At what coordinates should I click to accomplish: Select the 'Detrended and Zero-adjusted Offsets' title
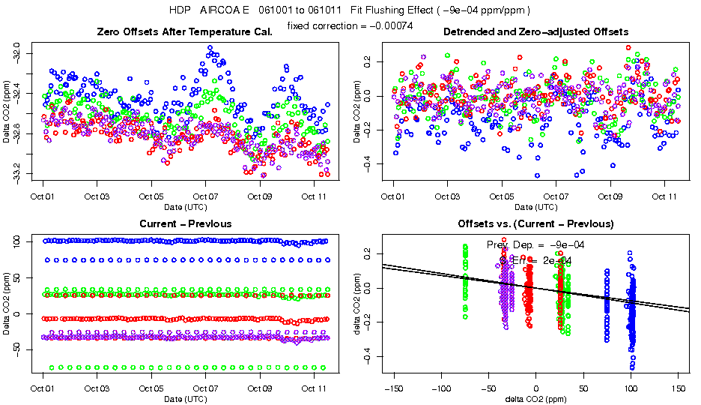point(535,32)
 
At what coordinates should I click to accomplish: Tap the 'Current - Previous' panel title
point(186,223)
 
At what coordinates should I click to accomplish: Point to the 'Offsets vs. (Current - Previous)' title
point(535,223)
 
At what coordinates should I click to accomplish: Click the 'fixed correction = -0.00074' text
point(350,26)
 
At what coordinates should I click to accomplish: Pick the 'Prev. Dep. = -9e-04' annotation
point(535,244)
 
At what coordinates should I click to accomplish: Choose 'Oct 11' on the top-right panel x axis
point(664,196)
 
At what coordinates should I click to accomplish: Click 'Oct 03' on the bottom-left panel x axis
point(97,388)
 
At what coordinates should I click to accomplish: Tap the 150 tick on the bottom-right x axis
point(679,388)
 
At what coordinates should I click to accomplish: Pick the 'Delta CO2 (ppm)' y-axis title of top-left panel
point(7,117)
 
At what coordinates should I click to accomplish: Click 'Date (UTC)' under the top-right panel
point(535,206)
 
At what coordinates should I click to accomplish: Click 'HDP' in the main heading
point(180,10)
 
